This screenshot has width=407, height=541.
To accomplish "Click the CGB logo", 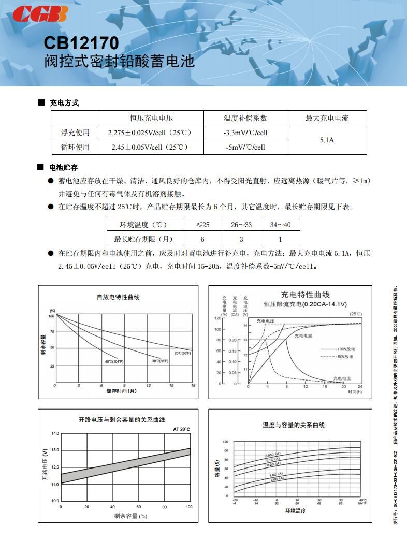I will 40,14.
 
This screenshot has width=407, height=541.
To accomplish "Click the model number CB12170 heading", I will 81,42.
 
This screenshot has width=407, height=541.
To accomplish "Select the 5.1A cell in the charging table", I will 326,140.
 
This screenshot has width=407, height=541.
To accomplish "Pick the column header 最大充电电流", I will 326,118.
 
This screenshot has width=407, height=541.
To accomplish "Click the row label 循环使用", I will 75,147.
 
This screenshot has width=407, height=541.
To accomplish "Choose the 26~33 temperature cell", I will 241,224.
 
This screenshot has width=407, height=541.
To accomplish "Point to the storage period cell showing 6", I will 202,239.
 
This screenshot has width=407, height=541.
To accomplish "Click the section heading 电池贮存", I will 63,167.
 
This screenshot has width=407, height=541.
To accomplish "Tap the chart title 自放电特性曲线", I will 118,297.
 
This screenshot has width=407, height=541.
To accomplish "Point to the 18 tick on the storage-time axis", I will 193,386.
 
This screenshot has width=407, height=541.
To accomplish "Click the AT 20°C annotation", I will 181,429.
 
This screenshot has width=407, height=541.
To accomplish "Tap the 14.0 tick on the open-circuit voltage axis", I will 55,433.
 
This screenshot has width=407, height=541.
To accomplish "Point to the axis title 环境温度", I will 295,510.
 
